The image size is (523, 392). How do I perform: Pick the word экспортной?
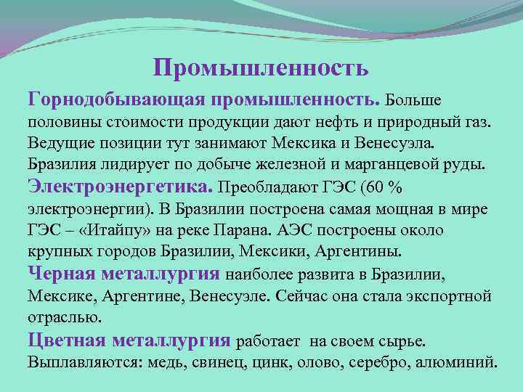click(x=446, y=297)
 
